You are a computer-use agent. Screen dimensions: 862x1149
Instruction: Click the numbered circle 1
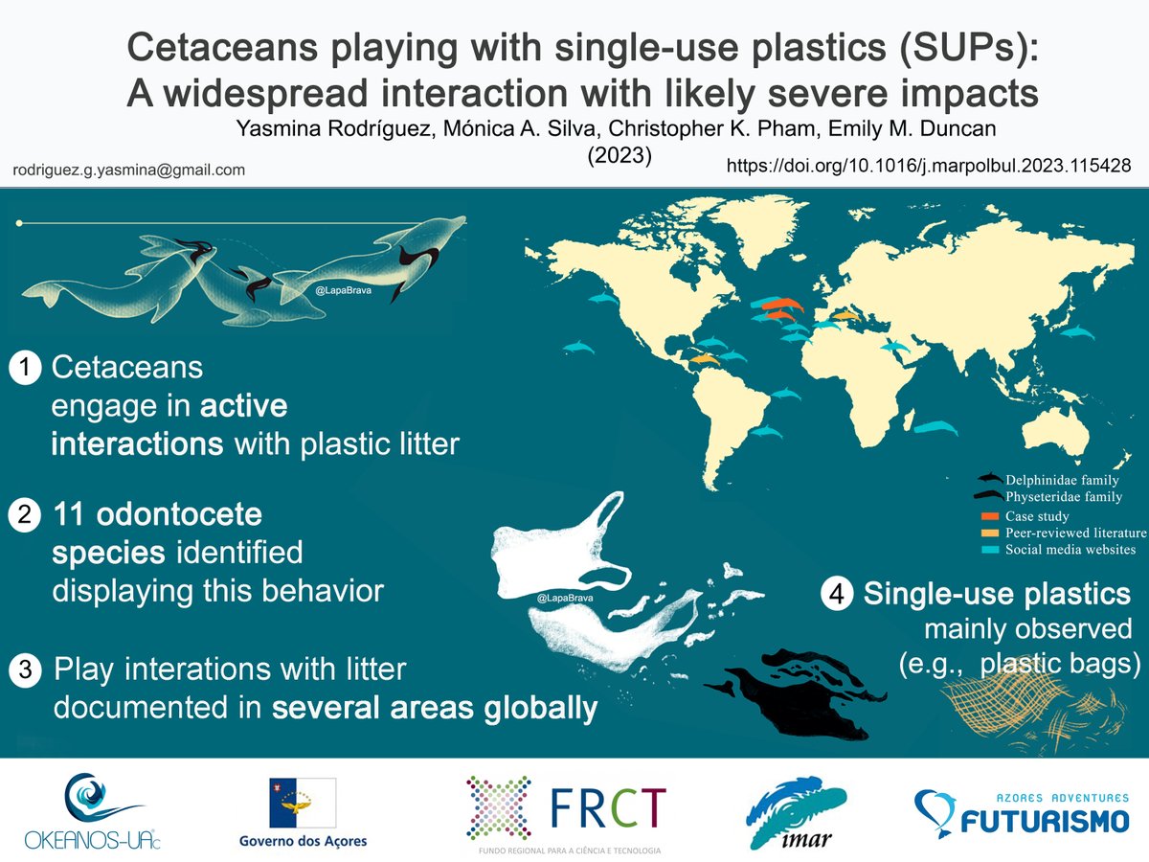25,368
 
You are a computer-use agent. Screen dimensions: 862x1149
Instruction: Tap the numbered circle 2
25,516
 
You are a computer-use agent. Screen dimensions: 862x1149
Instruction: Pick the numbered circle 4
836,595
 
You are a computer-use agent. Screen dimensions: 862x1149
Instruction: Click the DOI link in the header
929,166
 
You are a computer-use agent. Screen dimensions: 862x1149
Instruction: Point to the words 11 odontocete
157,515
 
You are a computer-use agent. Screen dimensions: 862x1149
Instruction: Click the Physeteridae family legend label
1064,497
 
